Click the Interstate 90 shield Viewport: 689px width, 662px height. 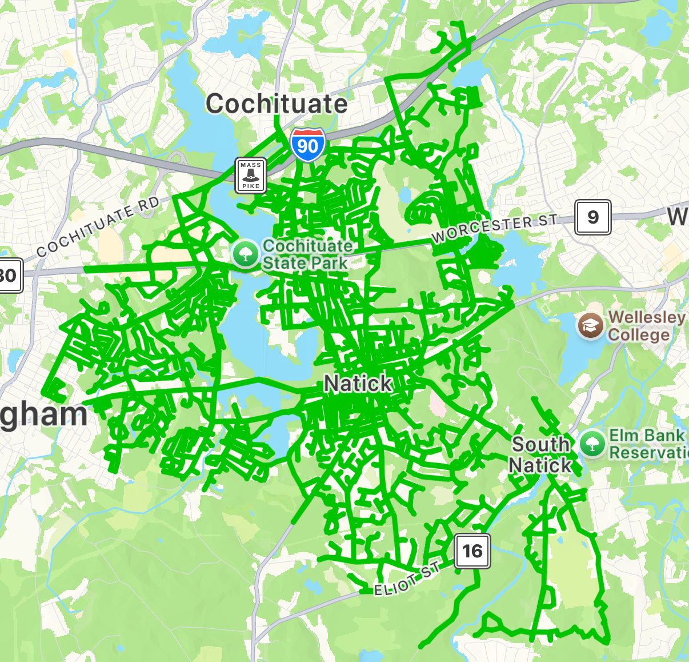pyautogui.click(x=307, y=145)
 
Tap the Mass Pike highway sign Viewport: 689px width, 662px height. pyautogui.click(x=251, y=175)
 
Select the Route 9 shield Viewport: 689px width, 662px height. pyautogui.click(x=593, y=217)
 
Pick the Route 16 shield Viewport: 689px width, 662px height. pyautogui.click(x=472, y=551)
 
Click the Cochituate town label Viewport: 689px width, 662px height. pyautogui.click(x=277, y=104)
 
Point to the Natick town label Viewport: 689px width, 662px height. pyautogui.click(x=358, y=384)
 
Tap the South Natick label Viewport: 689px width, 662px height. pyautogui.click(x=540, y=454)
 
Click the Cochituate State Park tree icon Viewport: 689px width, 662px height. pyautogui.click(x=246, y=254)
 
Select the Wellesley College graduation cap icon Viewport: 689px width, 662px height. pyautogui.click(x=590, y=326)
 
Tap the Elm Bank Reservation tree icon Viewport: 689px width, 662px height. pyautogui.click(x=592, y=444)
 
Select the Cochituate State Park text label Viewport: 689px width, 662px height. pyautogui.click(x=307, y=254)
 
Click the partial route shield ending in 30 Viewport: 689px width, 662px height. pyautogui.click(x=9, y=276)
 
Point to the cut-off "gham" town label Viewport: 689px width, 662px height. pyautogui.click(x=43, y=416)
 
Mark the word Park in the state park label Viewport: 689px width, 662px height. pyautogui.click(x=326, y=264)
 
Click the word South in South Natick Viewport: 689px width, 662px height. pyautogui.click(x=540, y=444)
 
